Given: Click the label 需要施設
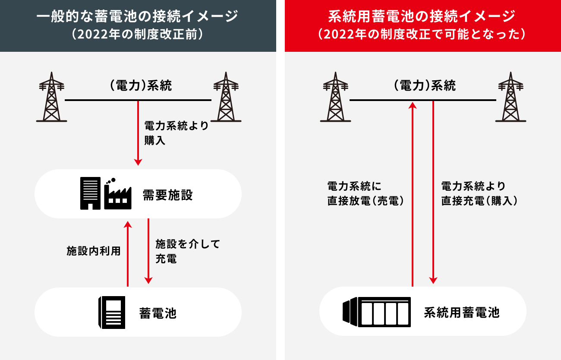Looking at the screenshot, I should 167,196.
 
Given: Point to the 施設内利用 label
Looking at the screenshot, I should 94,251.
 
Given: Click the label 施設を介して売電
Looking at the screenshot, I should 187,251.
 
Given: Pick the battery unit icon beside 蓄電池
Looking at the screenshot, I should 112,312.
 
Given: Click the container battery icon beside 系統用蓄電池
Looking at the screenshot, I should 376,312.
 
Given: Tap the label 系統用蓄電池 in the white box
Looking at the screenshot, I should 461,312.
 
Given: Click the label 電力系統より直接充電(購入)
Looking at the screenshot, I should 479,193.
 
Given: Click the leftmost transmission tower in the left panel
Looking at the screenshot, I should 51,97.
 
